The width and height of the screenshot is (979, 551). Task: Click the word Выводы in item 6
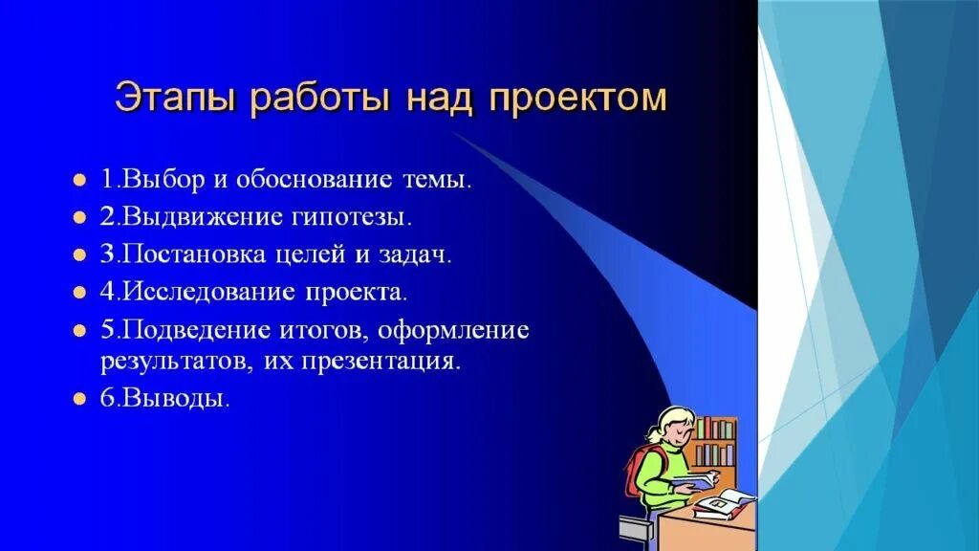[175, 399]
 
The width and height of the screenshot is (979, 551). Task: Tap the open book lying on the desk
[725, 500]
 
